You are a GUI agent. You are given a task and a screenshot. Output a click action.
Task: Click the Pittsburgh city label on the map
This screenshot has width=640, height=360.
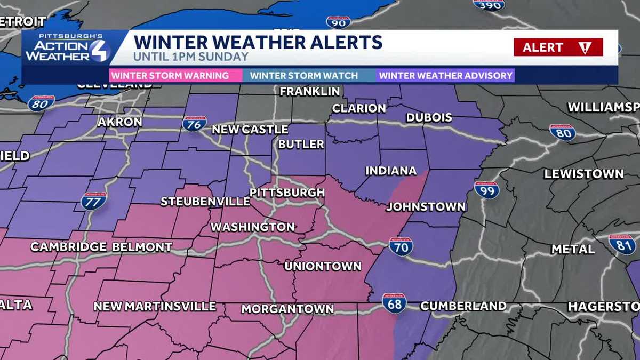point(287,192)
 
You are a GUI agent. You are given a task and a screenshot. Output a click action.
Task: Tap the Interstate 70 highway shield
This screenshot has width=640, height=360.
point(401,246)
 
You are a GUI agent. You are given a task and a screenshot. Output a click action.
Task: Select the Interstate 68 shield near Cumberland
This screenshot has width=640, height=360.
point(394,302)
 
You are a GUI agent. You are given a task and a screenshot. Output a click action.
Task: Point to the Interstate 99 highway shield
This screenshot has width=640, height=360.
point(486,190)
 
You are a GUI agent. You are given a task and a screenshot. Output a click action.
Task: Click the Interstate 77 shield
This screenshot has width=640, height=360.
point(94,201)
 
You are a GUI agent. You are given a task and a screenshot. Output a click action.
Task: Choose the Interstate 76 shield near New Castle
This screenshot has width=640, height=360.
point(194,124)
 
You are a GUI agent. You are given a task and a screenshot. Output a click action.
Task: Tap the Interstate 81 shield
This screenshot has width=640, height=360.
point(622,244)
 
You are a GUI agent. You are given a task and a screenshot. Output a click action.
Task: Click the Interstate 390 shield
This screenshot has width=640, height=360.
point(489,4)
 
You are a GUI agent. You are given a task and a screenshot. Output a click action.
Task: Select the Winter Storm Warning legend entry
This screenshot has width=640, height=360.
point(170,75)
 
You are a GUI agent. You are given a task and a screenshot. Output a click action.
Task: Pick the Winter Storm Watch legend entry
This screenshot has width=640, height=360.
point(304,75)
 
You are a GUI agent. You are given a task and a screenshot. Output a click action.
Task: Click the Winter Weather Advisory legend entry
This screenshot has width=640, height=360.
point(446,75)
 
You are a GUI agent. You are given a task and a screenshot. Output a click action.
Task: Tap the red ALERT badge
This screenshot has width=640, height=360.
point(558,47)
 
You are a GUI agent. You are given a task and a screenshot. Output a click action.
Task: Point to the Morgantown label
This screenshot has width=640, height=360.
point(287,309)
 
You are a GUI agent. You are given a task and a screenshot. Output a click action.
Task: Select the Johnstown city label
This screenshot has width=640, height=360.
point(426,206)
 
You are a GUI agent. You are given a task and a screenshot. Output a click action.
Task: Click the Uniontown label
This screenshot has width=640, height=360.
point(323,266)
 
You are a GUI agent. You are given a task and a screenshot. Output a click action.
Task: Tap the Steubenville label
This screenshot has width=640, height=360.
point(205,202)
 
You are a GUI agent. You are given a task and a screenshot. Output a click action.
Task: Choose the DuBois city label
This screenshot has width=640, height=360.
point(429,117)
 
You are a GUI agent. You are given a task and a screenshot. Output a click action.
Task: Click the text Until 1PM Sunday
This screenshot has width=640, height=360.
point(191,57)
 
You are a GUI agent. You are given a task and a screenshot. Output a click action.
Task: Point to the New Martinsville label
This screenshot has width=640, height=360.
point(155,306)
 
